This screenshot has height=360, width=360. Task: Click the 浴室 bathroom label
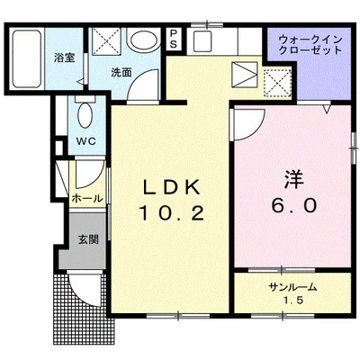tap(64, 58)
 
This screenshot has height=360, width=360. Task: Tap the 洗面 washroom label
tap(121, 73)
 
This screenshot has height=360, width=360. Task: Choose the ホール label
tap(87, 198)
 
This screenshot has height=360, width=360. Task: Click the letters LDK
tap(178, 189)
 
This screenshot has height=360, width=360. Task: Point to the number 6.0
tap(291, 205)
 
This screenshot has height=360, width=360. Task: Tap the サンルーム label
tap(292, 286)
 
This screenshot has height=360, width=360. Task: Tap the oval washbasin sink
tap(142, 40)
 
